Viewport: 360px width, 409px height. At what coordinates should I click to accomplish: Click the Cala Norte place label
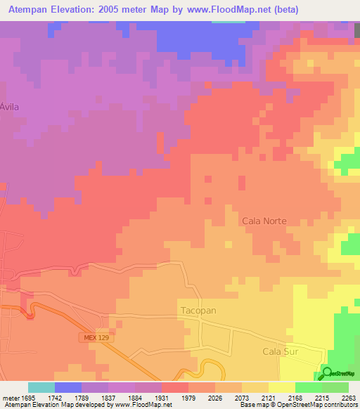click(x=264, y=221)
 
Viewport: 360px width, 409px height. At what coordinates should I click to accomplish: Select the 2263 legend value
click(x=348, y=398)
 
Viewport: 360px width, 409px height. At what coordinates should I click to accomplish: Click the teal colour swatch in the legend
click(x=41, y=387)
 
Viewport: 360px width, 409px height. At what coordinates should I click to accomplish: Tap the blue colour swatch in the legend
click(x=67, y=387)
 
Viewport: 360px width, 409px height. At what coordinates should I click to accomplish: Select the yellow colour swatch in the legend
click(x=281, y=387)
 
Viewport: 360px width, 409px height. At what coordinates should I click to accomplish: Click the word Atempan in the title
click(x=27, y=10)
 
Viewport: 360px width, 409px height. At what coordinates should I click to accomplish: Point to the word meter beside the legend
click(x=9, y=398)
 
